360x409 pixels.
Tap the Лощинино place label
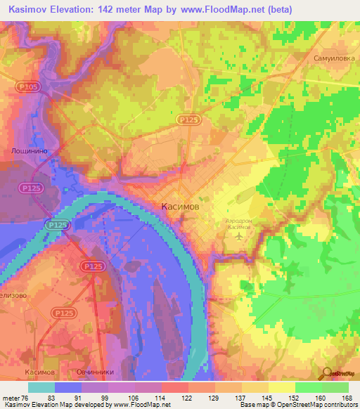[x=30, y=150]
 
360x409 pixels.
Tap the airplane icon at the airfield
[x=240, y=235]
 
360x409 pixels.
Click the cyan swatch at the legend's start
[x=41, y=387]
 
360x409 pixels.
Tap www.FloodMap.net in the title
[x=217, y=8]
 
